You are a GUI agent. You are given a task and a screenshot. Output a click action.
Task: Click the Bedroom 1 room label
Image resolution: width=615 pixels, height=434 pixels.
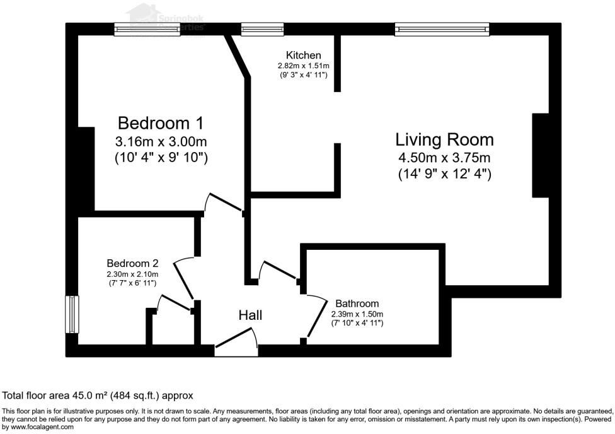pos(161,122)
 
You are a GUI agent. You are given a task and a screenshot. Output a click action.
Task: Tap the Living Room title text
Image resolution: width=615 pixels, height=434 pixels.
pos(444,139)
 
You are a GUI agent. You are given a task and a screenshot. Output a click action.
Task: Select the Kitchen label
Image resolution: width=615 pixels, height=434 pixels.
pos(303,56)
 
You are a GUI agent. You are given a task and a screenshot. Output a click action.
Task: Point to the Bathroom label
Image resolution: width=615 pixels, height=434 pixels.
pos(357,303)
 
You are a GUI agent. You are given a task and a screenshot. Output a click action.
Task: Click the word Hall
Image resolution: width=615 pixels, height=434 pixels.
pos(250,315)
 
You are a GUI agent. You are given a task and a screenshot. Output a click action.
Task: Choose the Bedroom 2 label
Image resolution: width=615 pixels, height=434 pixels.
pos(132,263)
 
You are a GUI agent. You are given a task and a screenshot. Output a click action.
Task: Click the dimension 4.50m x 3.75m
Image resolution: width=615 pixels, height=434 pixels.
pos(444,157)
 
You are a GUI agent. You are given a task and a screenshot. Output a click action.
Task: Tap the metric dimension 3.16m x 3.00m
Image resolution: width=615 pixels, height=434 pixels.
pos(161,141)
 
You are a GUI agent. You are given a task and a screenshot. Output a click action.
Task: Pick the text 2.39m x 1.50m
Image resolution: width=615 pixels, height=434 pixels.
pos(357,314)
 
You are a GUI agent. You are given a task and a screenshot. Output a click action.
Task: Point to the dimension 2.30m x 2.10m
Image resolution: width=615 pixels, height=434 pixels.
pos(132,274)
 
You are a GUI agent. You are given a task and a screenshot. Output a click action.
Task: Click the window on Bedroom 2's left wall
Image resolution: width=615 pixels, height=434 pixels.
pos(72,314)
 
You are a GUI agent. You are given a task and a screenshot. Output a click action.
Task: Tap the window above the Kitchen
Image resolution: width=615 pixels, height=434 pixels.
pos(262,28)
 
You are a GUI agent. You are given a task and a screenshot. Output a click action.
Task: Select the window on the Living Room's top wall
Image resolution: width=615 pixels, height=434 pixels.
pos(442,28)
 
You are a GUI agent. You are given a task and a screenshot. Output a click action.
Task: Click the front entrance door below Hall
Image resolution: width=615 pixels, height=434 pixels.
pos(236,348)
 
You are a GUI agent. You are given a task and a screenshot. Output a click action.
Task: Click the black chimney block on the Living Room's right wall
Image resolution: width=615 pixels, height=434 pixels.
pos(541,156)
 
